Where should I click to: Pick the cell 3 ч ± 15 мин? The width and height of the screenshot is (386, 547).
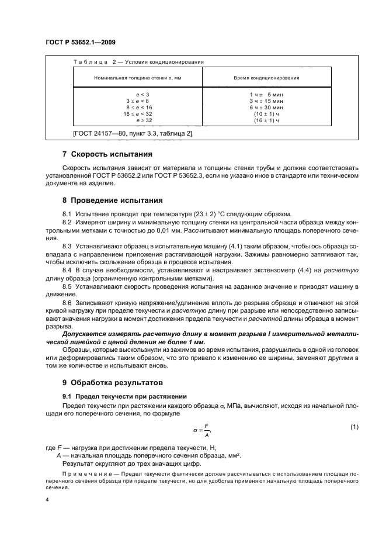[266, 101]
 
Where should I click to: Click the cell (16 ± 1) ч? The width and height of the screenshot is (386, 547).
[266, 120]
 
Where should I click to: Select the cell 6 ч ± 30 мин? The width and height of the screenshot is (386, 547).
[266, 107]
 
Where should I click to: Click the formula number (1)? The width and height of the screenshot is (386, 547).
[353, 427]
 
